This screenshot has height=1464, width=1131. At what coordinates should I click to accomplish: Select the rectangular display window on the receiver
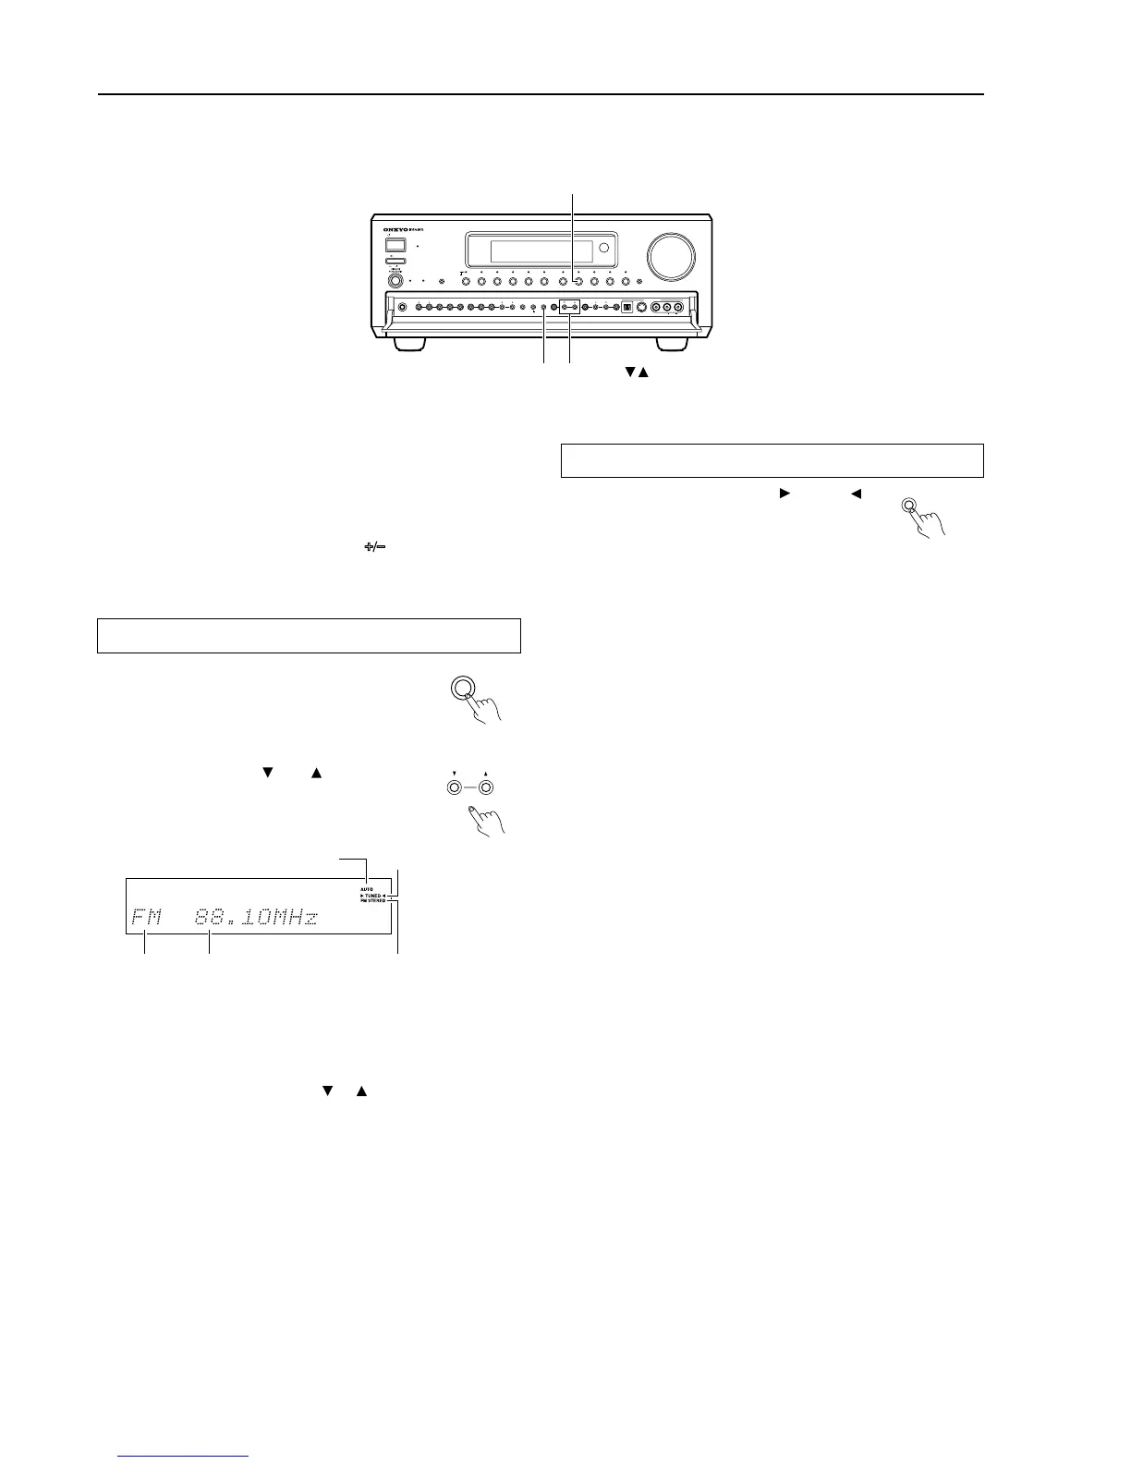[x=541, y=251]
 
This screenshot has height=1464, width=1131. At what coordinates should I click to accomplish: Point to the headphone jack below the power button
[x=395, y=281]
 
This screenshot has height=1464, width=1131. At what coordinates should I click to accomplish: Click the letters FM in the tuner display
[x=146, y=918]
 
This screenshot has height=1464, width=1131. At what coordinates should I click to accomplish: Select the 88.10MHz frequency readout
[x=256, y=918]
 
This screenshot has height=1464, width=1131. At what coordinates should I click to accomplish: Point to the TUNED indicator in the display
[x=373, y=896]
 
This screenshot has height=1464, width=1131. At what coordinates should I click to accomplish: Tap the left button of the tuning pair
[x=454, y=788]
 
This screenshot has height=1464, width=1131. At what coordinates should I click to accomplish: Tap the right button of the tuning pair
[x=486, y=788]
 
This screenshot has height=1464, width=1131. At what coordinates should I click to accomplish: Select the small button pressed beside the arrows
[x=910, y=506]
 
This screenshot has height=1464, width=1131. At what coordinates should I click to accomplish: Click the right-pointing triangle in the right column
[x=784, y=494]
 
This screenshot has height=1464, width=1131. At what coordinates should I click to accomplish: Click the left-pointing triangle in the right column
[x=856, y=494]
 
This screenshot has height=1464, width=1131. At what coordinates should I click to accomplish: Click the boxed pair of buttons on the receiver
[x=569, y=307]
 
